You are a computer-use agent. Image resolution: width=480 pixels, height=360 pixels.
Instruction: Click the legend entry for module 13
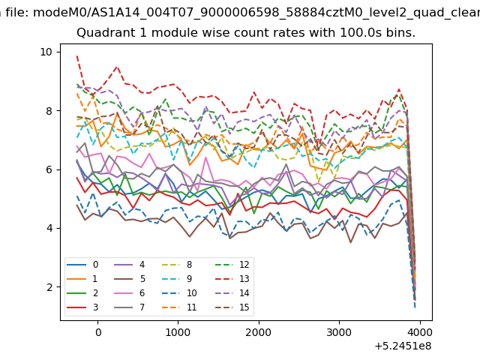[x=232, y=279]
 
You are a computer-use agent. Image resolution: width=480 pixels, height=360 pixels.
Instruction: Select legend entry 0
[x=82, y=265]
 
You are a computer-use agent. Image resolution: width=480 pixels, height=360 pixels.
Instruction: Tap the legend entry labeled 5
[x=130, y=279]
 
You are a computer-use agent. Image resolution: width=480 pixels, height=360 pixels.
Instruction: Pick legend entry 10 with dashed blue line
[x=179, y=293]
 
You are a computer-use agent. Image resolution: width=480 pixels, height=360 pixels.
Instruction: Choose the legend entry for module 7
[x=130, y=307]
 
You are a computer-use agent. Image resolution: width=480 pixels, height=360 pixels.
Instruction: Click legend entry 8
[x=177, y=265]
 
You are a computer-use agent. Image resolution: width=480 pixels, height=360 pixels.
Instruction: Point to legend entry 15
[x=232, y=307]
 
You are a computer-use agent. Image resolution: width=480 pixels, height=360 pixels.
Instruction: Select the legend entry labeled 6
[x=130, y=293]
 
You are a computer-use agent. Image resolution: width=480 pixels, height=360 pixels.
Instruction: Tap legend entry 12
[x=232, y=265]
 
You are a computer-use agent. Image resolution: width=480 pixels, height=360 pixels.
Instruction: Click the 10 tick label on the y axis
[x=46, y=52]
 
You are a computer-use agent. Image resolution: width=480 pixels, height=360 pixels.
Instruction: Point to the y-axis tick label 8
[x=49, y=111]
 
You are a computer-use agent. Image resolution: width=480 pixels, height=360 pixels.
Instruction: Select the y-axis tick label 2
[x=49, y=287]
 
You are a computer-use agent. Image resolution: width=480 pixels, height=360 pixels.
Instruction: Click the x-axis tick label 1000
[x=178, y=332]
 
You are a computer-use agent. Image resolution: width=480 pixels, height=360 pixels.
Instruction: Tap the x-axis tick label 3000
[x=339, y=332]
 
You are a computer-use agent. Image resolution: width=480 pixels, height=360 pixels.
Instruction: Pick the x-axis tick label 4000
[x=420, y=332]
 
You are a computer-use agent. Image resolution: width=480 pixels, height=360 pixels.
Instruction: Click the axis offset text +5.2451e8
[x=403, y=346]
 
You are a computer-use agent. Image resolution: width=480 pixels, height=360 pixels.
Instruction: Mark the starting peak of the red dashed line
[x=77, y=56]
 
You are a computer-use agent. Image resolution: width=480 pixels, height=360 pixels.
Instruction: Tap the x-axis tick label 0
[x=98, y=332]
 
